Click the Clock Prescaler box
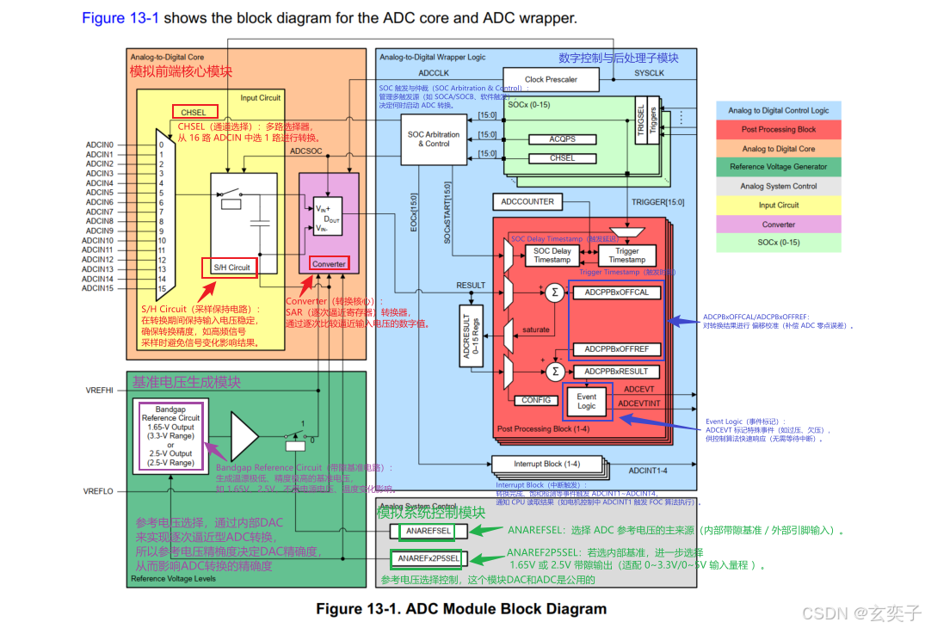click(551, 79)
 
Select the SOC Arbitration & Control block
click(434, 139)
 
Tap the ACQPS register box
click(562, 139)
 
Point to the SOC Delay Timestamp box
click(552, 255)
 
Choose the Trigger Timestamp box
click(626, 255)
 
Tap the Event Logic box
click(586, 401)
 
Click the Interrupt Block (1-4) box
click(540, 464)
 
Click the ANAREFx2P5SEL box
click(428, 558)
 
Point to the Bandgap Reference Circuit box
click(170, 435)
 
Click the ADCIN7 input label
click(100, 212)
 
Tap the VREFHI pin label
click(100, 390)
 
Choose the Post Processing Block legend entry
click(778, 129)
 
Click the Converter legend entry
click(778, 224)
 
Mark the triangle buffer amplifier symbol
click(244, 435)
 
